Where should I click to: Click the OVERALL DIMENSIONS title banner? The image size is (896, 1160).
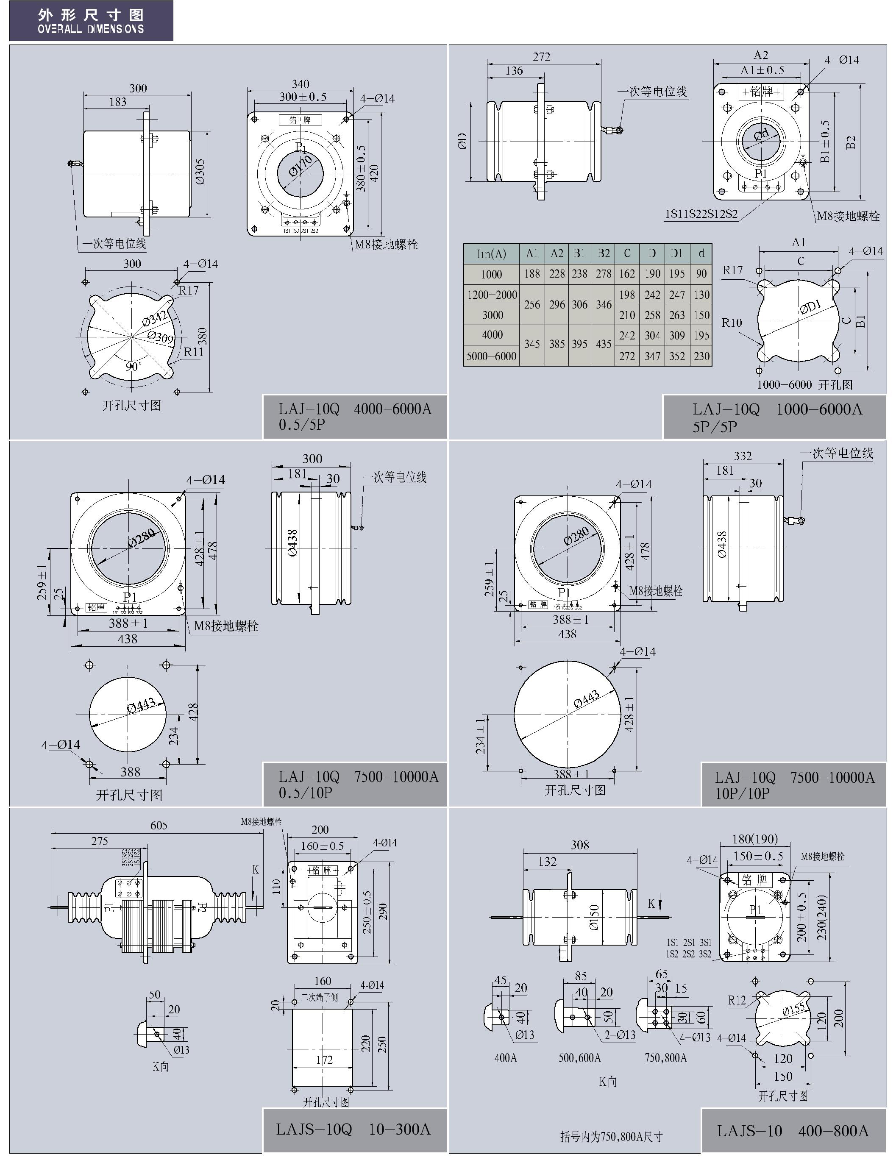pos(91,21)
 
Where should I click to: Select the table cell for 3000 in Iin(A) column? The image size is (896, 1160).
pos(493,315)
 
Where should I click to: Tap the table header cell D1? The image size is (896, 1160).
pos(676,253)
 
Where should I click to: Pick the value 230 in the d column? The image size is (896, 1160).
pos(701,356)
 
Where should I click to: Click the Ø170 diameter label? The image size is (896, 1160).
pos(300,165)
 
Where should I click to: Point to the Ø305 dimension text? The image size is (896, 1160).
pos(200,172)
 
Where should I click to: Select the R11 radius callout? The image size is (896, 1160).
pos(193,352)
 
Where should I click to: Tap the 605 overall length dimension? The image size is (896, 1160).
pos(159,825)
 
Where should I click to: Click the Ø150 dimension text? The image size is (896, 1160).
pos(594,917)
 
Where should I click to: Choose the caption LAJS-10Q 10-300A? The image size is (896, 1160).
pos(353,1129)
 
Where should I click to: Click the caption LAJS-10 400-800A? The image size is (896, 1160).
pos(793,1130)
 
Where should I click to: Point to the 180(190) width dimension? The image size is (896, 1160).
pos(755,839)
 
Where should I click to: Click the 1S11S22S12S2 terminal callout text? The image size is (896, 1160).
pos(701,214)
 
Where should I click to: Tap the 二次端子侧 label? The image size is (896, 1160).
pos(319,997)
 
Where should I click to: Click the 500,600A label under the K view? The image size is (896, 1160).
pos(579,1057)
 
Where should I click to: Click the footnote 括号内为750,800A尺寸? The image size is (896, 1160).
pos(611,1136)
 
